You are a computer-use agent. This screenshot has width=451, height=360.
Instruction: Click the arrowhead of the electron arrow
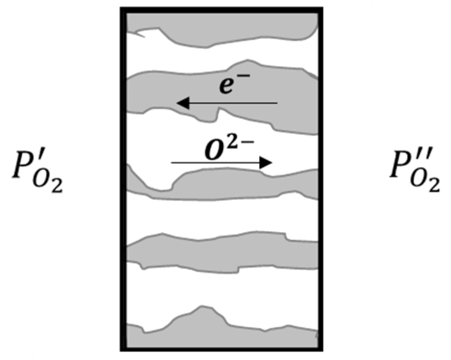click(x=181, y=103)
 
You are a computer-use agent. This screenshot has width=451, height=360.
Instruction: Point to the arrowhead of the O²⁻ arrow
click(x=267, y=163)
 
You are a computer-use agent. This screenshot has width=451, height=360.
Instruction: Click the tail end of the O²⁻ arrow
click(x=172, y=163)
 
